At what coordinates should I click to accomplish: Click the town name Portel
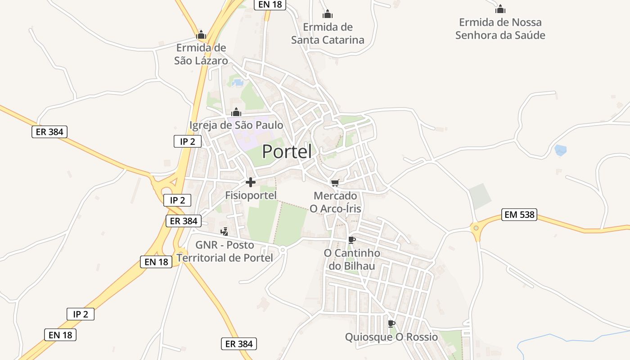(287, 152)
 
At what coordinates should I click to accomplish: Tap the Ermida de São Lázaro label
(201, 54)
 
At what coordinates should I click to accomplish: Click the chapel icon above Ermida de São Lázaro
(201, 35)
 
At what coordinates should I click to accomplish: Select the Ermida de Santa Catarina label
(328, 34)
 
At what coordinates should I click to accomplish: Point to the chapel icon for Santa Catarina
(328, 14)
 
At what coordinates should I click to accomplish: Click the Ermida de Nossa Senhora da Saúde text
(500, 29)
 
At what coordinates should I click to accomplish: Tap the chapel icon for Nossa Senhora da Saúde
(500, 9)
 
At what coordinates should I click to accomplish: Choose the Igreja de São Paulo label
(236, 125)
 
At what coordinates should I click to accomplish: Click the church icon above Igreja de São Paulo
(236, 112)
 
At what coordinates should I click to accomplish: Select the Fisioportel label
(251, 195)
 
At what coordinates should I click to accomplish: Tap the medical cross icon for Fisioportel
(251, 182)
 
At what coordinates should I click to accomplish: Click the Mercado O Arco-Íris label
(335, 202)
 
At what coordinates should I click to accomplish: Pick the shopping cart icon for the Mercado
(335, 183)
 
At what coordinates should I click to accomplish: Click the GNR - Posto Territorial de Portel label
(225, 252)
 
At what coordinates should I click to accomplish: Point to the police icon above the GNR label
(225, 232)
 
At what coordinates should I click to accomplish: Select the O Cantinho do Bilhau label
(352, 260)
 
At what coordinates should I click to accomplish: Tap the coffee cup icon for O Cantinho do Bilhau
(352, 240)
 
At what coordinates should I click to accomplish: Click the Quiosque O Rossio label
(391, 337)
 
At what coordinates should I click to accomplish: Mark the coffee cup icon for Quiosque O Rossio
(391, 324)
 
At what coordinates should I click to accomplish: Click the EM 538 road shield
(520, 215)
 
